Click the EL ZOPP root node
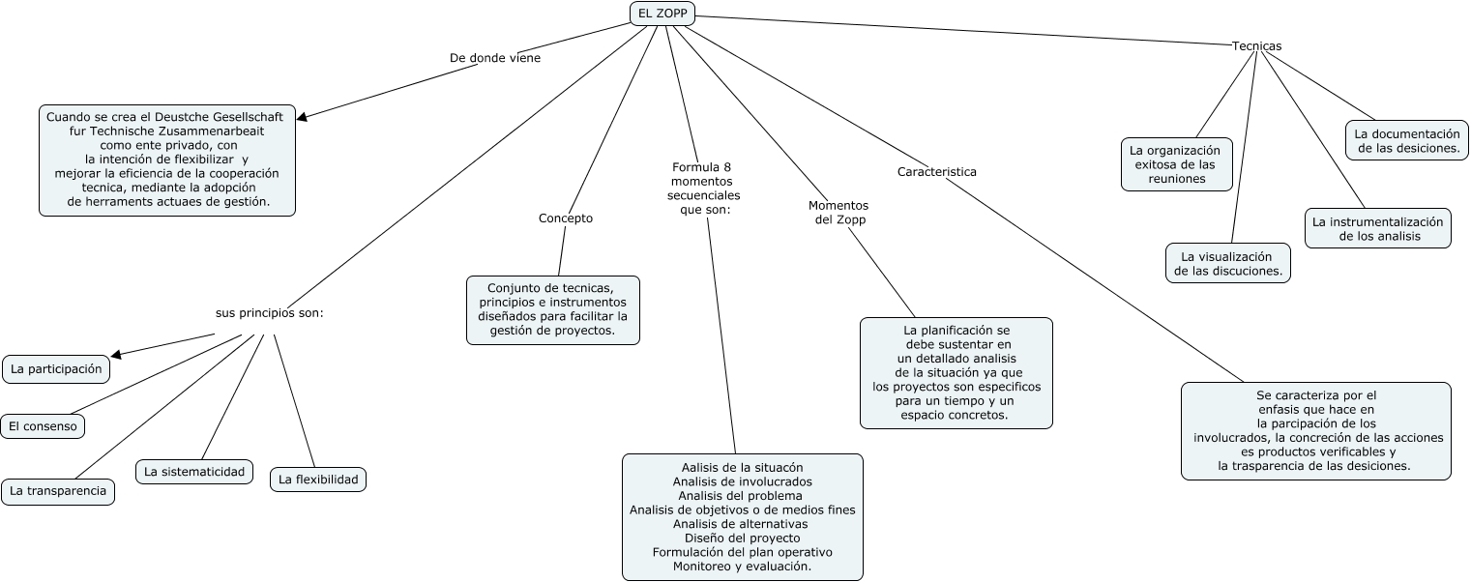662,14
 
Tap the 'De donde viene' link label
495,58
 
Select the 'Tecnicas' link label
1256,46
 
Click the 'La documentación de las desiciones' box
1407,140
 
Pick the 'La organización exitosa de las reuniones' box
1176,164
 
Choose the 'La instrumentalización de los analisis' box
1377,228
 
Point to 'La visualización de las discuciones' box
1228,263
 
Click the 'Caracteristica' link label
936,172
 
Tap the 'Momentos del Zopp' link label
838,213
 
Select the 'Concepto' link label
566,218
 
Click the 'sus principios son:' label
269,313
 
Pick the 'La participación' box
56,369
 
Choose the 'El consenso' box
43,426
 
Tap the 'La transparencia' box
58,491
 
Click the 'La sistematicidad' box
194,472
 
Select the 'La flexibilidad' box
318,479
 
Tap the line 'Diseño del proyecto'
742,538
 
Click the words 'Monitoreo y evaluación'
742,566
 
